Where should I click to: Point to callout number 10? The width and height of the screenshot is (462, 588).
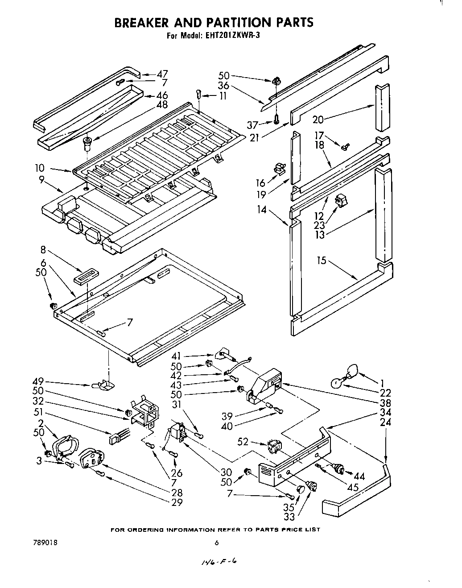point(40,168)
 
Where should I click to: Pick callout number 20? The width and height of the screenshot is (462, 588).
point(318,119)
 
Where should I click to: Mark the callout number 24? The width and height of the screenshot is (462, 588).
point(385,422)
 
